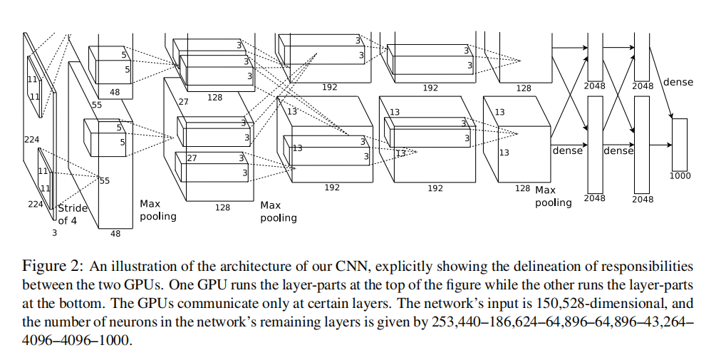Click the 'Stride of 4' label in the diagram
[x=72, y=215]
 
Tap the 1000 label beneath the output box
[x=679, y=175]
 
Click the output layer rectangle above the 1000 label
[x=679, y=143]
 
